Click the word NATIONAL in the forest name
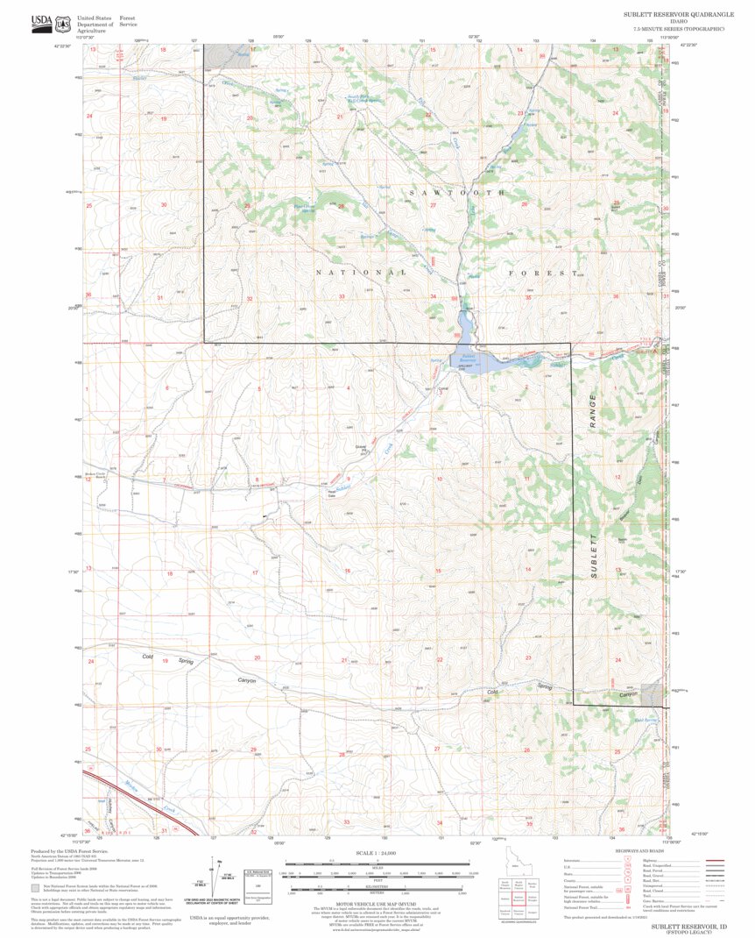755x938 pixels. pyautogui.click(x=362, y=273)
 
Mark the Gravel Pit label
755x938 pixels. pyautogui.click(x=360, y=447)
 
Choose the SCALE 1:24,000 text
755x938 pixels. pyautogui.click(x=377, y=852)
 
